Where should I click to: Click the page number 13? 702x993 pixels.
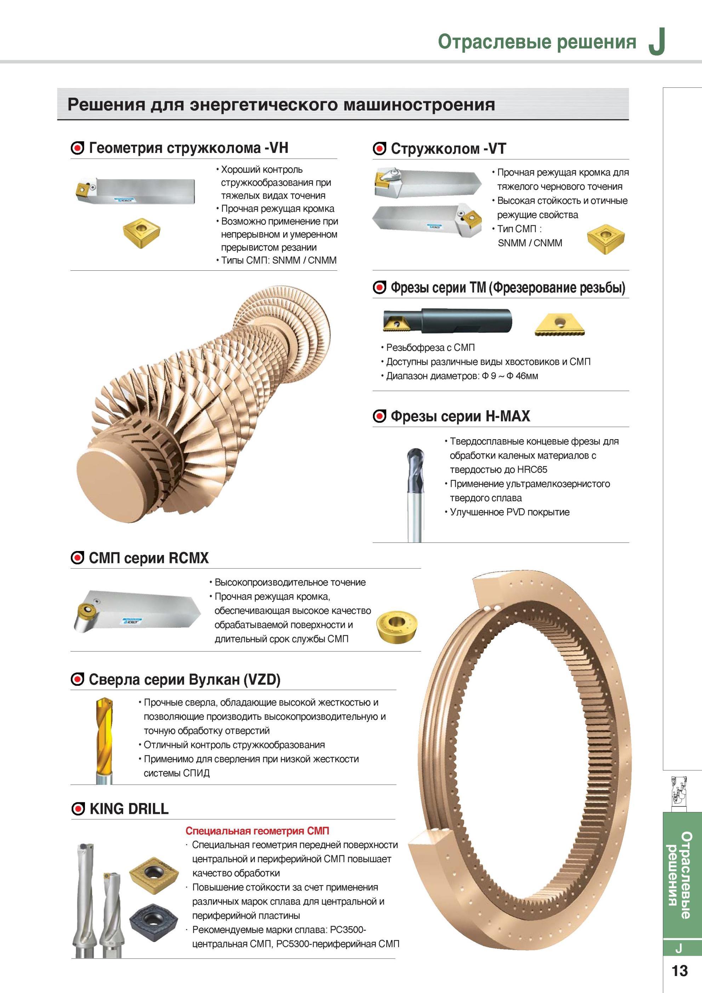(x=679, y=971)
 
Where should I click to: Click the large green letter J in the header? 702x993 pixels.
(x=657, y=42)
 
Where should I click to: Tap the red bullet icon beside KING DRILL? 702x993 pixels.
(x=78, y=809)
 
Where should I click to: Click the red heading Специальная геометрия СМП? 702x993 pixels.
(x=257, y=831)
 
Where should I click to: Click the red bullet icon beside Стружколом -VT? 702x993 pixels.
(x=379, y=149)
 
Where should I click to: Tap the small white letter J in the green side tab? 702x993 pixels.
(x=679, y=948)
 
